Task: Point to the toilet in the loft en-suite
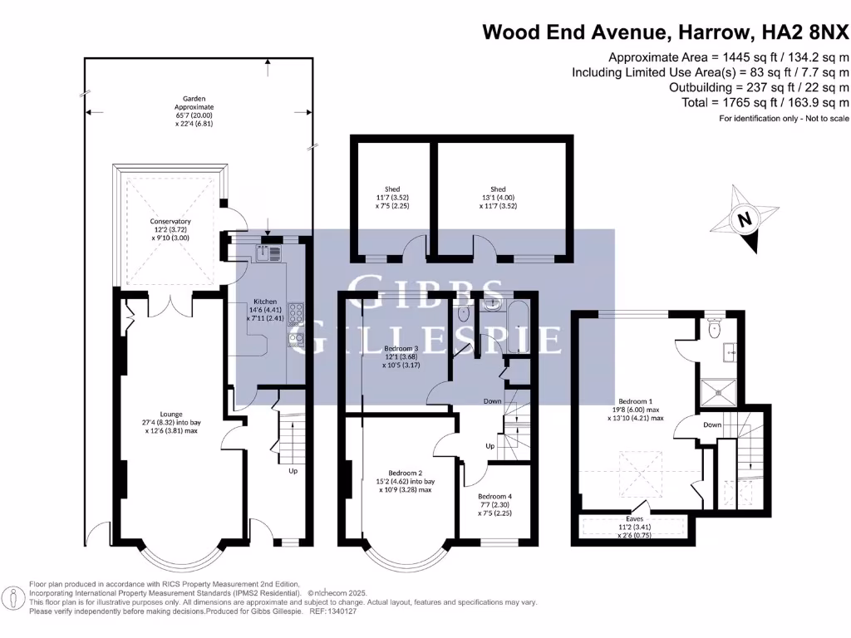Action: pos(713,330)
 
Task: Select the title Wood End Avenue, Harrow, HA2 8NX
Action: pos(666,32)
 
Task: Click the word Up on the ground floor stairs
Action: pos(293,471)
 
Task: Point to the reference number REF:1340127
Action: pos(332,611)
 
